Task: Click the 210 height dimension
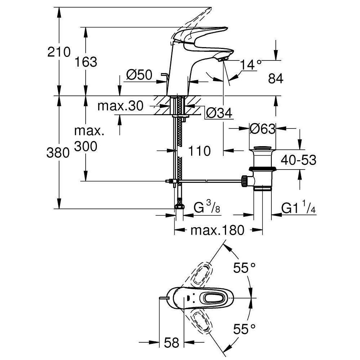tap(59, 52)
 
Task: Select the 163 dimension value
tap(86, 62)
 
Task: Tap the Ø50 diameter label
tap(139, 75)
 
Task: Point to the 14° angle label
tap(251, 65)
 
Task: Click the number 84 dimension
tap(276, 79)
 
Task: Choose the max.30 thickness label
tap(120, 106)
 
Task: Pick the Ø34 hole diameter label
tap(219, 113)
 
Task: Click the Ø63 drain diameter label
tap(262, 129)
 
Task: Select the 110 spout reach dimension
tap(199, 151)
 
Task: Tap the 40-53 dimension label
tap(298, 160)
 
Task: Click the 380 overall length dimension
tap(58, 153)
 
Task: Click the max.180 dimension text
tap(217, 230)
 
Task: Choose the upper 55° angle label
tap(244, 267)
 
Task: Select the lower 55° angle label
tap(244, 329)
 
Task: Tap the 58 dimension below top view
tap(171, 343)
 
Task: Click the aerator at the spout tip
tap(222, 59)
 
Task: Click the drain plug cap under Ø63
tap(263, 148)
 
